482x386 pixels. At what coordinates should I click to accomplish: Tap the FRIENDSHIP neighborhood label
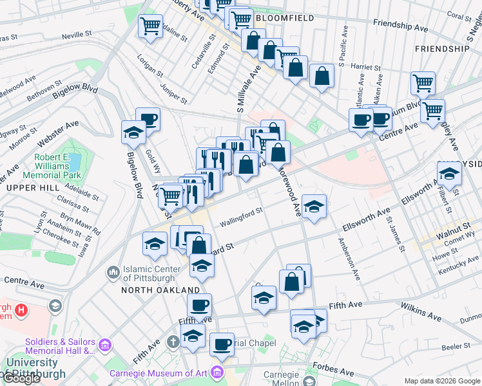(x=442, y=49)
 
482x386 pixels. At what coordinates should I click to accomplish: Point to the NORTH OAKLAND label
(x=153, y=290)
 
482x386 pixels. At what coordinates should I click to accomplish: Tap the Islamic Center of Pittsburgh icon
(x=113, y=273)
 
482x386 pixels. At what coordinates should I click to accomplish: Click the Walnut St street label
(x=452, y=228)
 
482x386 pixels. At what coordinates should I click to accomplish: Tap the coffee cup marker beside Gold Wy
(x=148, y=119)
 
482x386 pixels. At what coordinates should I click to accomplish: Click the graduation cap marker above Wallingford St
(x=314, y=206)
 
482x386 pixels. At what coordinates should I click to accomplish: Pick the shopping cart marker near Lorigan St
(x=150, y=26)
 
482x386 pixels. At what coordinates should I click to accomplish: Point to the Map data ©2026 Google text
(x=442, y=381)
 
